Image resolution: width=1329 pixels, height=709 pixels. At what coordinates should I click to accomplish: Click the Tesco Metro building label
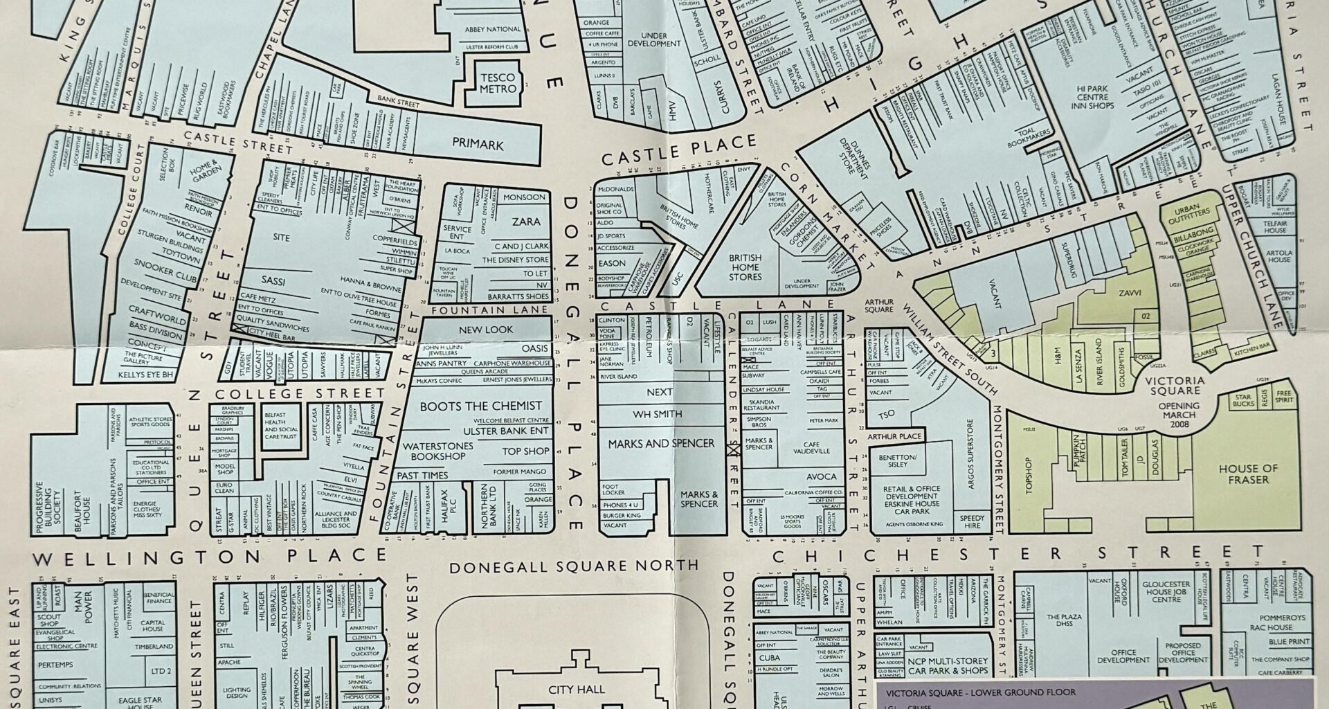pyautogui.click(x=498, y=83)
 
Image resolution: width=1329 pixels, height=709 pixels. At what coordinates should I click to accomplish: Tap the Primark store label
pyautogui.click(x=478, y=145)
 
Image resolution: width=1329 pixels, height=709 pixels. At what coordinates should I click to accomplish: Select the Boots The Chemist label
pyautogui.click(x=480, y=406)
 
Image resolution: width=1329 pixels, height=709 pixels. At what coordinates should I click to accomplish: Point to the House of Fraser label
pyautogui.click(x=1244, y=474)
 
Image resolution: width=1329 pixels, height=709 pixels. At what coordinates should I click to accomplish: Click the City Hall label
pyautogui.click(x=576, y=689)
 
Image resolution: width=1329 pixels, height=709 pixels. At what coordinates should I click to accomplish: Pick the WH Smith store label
pyautogui.click(x=657, y=414)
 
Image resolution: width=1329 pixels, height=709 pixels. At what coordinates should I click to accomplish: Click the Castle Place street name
pyautogui.click(x=678, y=150)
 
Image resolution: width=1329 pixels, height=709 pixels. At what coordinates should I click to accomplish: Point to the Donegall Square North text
pyautogui.click(x=574, y=566)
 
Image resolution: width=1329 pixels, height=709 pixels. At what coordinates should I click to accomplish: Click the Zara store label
pyautogui.click(x=526, y=222)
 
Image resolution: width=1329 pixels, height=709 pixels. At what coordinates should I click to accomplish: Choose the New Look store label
pyautogui.click(x=486, y=330)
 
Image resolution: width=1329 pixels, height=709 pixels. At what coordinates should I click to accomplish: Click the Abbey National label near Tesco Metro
pyautogui.click(x=493, y=29)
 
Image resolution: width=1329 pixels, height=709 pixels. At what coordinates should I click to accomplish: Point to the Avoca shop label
pyautogui.click(x=821, y=477)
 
